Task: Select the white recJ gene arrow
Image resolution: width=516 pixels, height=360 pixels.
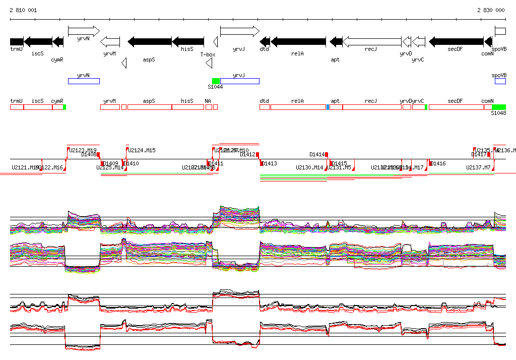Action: [372, 41]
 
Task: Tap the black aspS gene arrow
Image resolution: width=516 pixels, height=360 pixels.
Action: [150, 41]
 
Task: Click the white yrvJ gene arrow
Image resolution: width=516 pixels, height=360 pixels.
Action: [239, 31]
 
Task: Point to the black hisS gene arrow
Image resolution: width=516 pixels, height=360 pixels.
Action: [188, 41]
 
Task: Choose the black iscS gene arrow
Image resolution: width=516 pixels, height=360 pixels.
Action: [38, 41]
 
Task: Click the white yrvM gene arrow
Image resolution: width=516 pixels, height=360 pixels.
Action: [110, 41]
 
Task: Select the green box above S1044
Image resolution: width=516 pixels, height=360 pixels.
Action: [216, 81]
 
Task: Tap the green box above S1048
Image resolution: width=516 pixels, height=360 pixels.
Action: [498, 107]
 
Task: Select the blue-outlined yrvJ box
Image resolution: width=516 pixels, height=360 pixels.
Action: [240, 81]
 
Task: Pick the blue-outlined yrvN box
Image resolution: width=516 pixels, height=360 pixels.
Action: [84, 81]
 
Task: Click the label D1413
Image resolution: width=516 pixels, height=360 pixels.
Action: [270, 163]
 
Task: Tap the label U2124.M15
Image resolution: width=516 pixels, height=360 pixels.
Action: [142, 150]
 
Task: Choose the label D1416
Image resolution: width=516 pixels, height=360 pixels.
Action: [438, 163]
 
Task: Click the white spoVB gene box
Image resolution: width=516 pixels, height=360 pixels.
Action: [500, 31]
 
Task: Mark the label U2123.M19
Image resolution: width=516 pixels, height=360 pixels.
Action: [83, 150]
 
